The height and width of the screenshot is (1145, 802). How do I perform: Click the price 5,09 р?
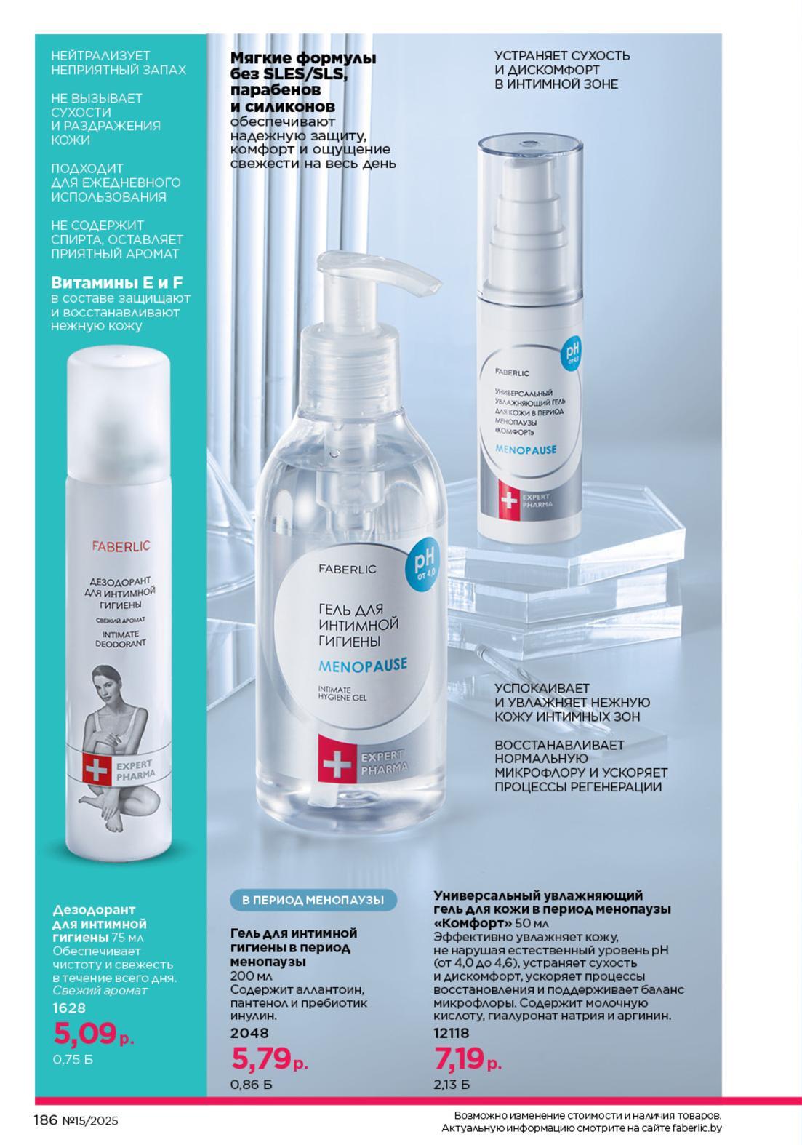tap(94, 1034)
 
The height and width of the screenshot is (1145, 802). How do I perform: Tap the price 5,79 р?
tap(270, 1058)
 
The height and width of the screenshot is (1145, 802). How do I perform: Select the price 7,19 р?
tap(468, 1058)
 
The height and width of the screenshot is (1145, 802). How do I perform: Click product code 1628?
tap(70, 1008)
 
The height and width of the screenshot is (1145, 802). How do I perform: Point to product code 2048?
tap(250, 1033)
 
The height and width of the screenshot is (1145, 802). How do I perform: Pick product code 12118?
tap(451, 1033)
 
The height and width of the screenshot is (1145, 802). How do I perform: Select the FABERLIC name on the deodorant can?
tap(121, 546)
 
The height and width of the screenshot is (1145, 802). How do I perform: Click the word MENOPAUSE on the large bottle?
tap(363, 665)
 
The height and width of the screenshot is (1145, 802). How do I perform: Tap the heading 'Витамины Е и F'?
tap(117, 283)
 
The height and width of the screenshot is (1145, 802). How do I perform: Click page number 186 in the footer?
tap(46, 1120)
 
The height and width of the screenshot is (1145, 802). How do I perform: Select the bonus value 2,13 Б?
tap(451, 1084)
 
